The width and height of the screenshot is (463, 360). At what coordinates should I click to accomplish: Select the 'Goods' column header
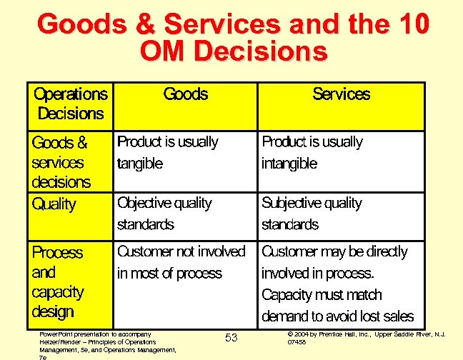(186, 94)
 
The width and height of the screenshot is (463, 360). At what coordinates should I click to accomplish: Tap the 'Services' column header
(342, 94)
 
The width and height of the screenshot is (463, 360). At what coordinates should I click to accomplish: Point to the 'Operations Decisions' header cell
(71, 104)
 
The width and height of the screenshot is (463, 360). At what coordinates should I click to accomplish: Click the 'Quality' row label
(54, 204)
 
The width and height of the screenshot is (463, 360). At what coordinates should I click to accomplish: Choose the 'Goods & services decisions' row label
(61, 162)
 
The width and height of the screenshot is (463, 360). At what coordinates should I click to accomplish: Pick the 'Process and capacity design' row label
(58, 282)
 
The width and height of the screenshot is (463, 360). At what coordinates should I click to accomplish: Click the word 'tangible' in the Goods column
(140, 164)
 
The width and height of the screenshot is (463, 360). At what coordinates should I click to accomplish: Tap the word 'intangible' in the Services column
(289, 164)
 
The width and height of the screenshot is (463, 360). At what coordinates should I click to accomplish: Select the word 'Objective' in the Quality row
(146, 204)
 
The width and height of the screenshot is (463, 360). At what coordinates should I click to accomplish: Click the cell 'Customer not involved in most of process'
(181, 262)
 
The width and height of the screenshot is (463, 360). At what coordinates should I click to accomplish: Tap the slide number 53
(231, 337)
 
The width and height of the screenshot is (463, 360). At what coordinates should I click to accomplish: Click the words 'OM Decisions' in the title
(234, 51)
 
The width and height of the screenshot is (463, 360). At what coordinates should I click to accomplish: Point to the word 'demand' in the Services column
(286, 316)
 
